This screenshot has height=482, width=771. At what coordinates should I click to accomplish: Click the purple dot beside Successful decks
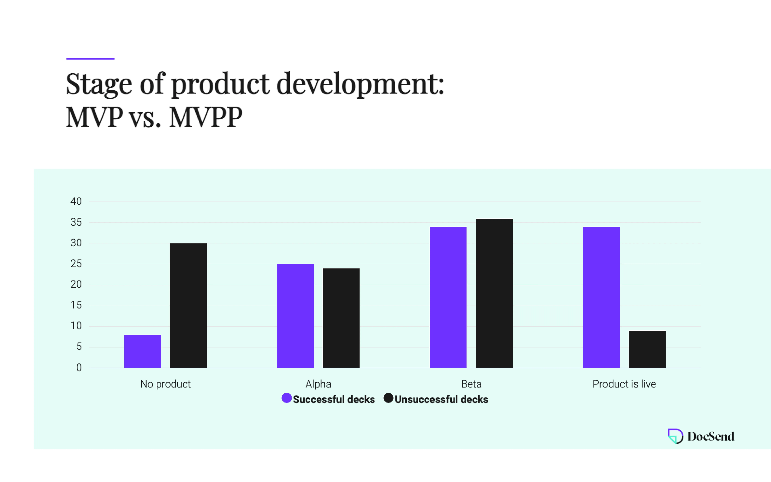(287, 398)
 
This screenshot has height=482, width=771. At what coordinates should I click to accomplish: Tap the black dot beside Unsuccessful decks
(388, 398)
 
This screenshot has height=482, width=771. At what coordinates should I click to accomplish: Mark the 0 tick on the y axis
(79, 368)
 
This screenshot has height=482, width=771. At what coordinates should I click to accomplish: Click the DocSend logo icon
(675, 436)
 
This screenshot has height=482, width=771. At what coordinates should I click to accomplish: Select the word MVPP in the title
(206, 117)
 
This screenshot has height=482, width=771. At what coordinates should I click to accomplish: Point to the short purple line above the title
(90, 59)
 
